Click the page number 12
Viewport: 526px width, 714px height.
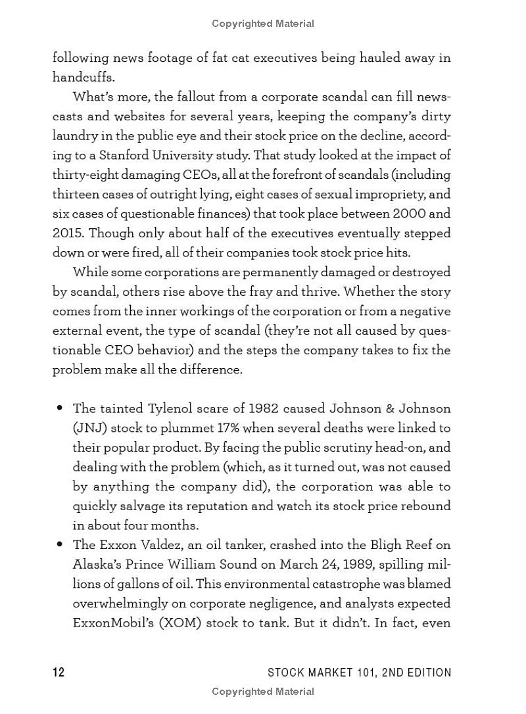click(59, 672)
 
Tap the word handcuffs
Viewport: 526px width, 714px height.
click(84, 77)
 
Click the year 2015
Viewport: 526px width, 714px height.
click(68, 233)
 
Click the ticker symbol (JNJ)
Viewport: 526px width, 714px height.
click(89, 428)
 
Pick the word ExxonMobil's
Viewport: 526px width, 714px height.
click(112, 623)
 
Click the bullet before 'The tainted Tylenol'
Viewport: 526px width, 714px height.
click(60, 408)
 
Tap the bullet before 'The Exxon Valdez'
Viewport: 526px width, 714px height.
click(60, 544)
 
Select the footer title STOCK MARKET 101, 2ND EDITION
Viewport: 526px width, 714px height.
click(360, 672)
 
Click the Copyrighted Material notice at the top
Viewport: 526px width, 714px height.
click(263, 24)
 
